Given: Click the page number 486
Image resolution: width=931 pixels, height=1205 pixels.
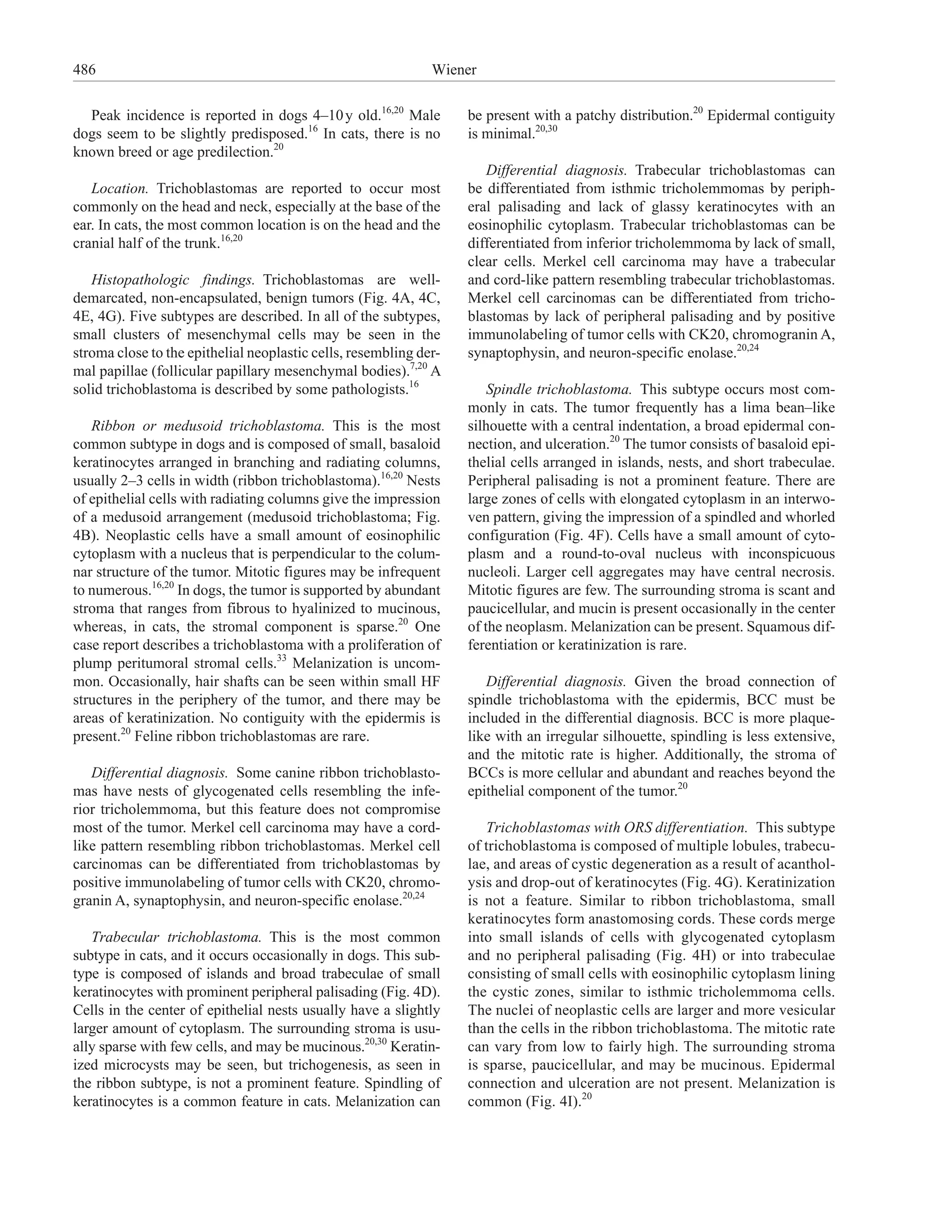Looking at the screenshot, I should click(85, 70).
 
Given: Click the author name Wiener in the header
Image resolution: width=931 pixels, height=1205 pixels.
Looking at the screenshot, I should click(454, 70).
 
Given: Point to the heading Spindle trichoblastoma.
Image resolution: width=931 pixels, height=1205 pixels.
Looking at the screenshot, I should click(558, 390).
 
